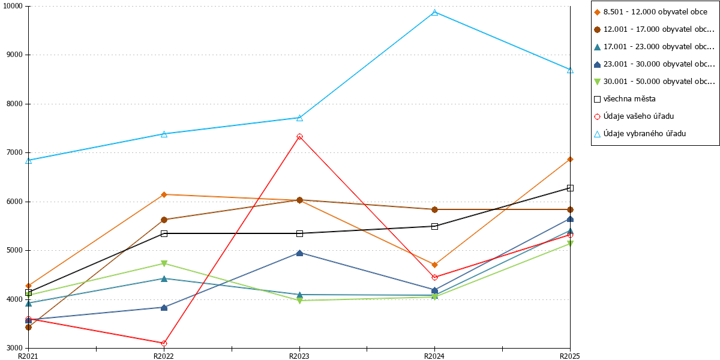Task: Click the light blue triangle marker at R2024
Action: (434, 13)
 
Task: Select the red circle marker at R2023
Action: (299, 137)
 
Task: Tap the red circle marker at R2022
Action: (164, 343)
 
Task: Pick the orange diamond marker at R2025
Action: (570, 160)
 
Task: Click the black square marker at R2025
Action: (570, 188)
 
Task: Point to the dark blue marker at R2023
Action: (299, 253)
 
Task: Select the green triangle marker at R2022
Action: (164, 264)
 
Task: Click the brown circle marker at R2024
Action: (434, 209)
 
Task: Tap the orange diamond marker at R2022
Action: (164, 194)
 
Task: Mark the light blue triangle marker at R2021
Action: (29, 161)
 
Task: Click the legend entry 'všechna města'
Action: (625, 99)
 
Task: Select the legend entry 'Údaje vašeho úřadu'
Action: (634, 116)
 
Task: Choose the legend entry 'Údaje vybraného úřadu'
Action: (640, 134)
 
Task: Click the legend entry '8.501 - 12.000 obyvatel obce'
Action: (650, 12)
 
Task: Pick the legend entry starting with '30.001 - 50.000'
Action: (654, 82)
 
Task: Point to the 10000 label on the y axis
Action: (13, 6)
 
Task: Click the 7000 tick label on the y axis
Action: (14, 152)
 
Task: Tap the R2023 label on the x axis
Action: (299, 356)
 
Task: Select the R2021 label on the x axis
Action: (28, 356)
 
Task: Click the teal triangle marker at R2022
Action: (164, 278)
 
